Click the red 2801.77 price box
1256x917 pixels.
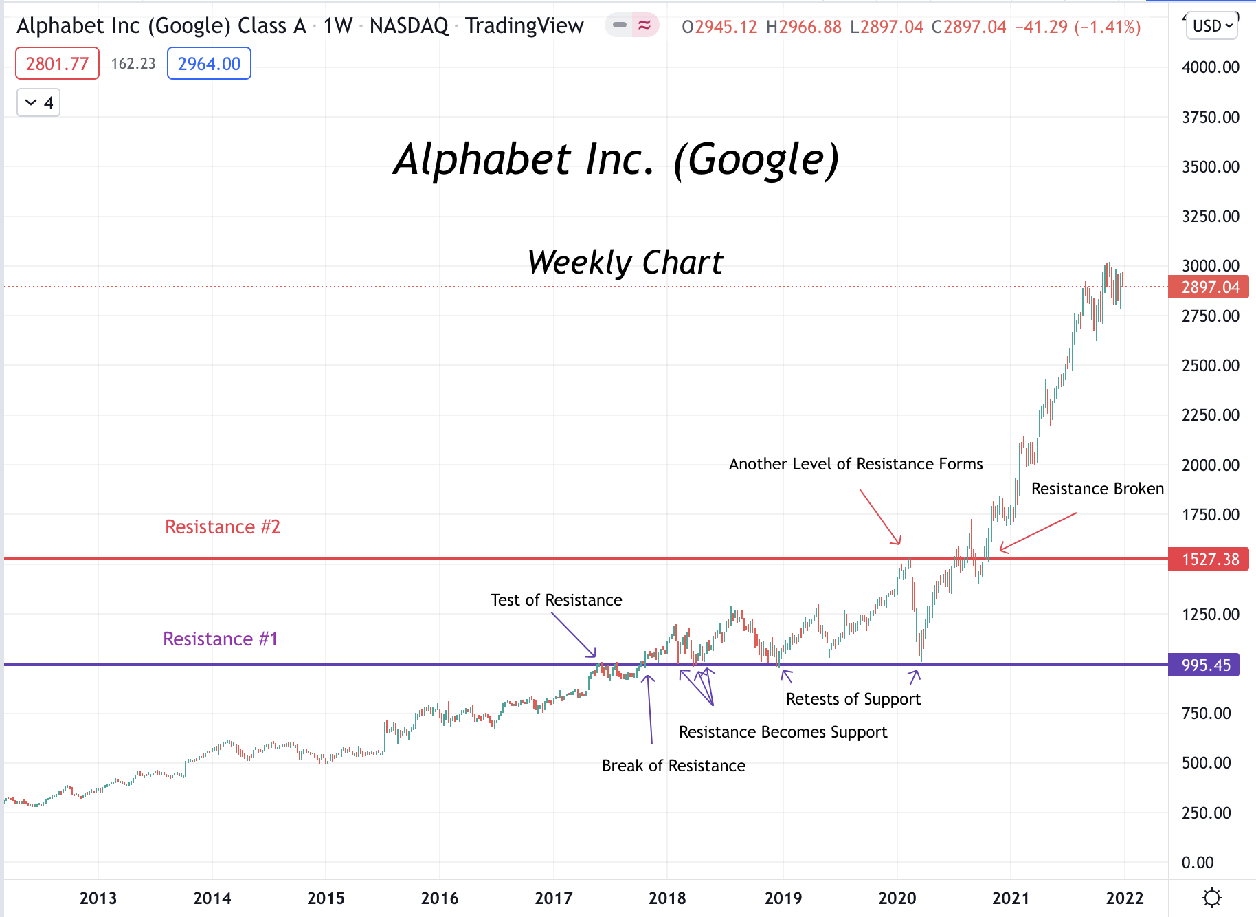click(57, 64)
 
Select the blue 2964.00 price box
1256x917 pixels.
click(209, 64)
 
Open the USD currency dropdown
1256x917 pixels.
click(1212, 26)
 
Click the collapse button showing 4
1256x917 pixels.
click(38, 103)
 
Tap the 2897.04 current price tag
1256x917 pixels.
click(1209, 287)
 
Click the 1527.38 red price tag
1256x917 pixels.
click(1209, 560)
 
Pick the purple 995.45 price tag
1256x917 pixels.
click(1204, 665)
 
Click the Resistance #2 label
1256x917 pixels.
click(223, 527)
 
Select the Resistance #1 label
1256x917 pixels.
click(220, 639)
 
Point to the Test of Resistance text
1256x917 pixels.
click(556, 600)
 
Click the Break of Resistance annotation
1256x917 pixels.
click(673, 766)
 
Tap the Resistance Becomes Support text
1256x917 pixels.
click(783, 732)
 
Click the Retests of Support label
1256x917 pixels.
click(853, 699)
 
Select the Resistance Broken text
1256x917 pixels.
click(1097, 489)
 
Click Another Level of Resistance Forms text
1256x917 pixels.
click(855, 464)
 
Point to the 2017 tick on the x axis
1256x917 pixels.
click(553, 898)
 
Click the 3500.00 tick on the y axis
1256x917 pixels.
click(1210, 167)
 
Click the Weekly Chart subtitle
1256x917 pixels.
click(625, 263)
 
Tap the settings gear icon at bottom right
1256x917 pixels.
click(1212, 898)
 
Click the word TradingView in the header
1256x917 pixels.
click(524, 26)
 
